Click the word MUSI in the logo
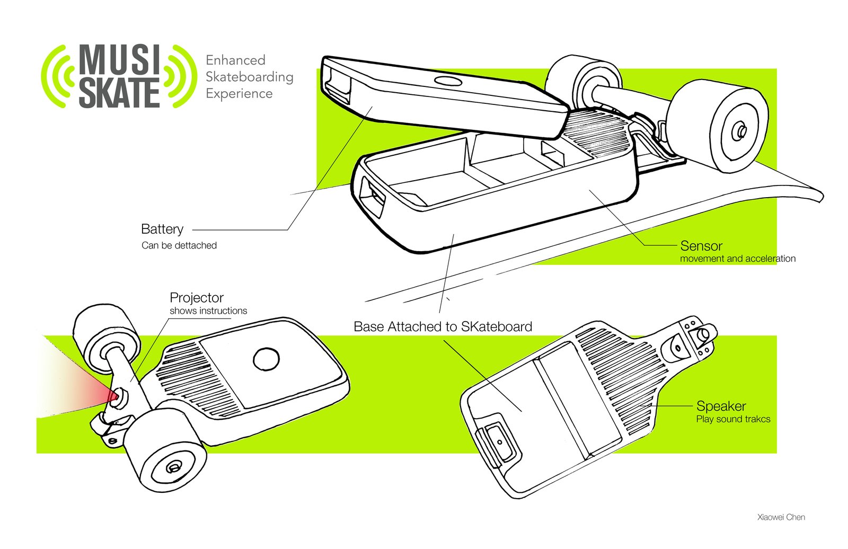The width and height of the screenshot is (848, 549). pyautogui.click(x=119, y=59)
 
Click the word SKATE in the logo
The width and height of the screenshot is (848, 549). pyautogui.click(x=119, y=93)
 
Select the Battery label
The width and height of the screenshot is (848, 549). pyautogui.click(x=162, y=229)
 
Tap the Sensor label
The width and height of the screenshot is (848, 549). pyautogui.click(x=701, y=246)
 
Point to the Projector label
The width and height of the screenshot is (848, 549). pyautogui.click(x=197, y=297)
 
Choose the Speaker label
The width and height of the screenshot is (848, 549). pyautogui.click(x=721, y=406)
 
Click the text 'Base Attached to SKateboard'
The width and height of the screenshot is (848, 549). pyautogui.click(x=443, y=326)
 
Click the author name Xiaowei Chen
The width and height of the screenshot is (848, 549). pyautogui.click(x=781, y=517)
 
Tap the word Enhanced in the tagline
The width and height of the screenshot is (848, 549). pyautogui.click(x=235, y=60)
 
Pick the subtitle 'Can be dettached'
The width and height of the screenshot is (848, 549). pyautogui.click(x=179, y=245)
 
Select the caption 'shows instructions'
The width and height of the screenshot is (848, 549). pyautogui.click(x=208, y=311)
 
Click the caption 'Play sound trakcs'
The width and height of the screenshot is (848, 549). pyautogui.click(x=733, y=419)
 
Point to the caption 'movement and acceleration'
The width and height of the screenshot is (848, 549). pyautogui.click(x=738, y=259)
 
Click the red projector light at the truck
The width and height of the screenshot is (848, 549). pyautogui.click(x=112, y=395)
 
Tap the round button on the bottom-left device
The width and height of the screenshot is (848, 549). pyautogui.click(x=266, y=359)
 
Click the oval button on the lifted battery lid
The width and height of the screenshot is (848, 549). pyautogui.click(x=448, y=81)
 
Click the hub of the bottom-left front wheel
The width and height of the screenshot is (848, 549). pyautogui.click(x=173, y=467)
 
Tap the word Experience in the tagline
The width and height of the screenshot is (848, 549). pyautogui.click(x=239, y=94)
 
